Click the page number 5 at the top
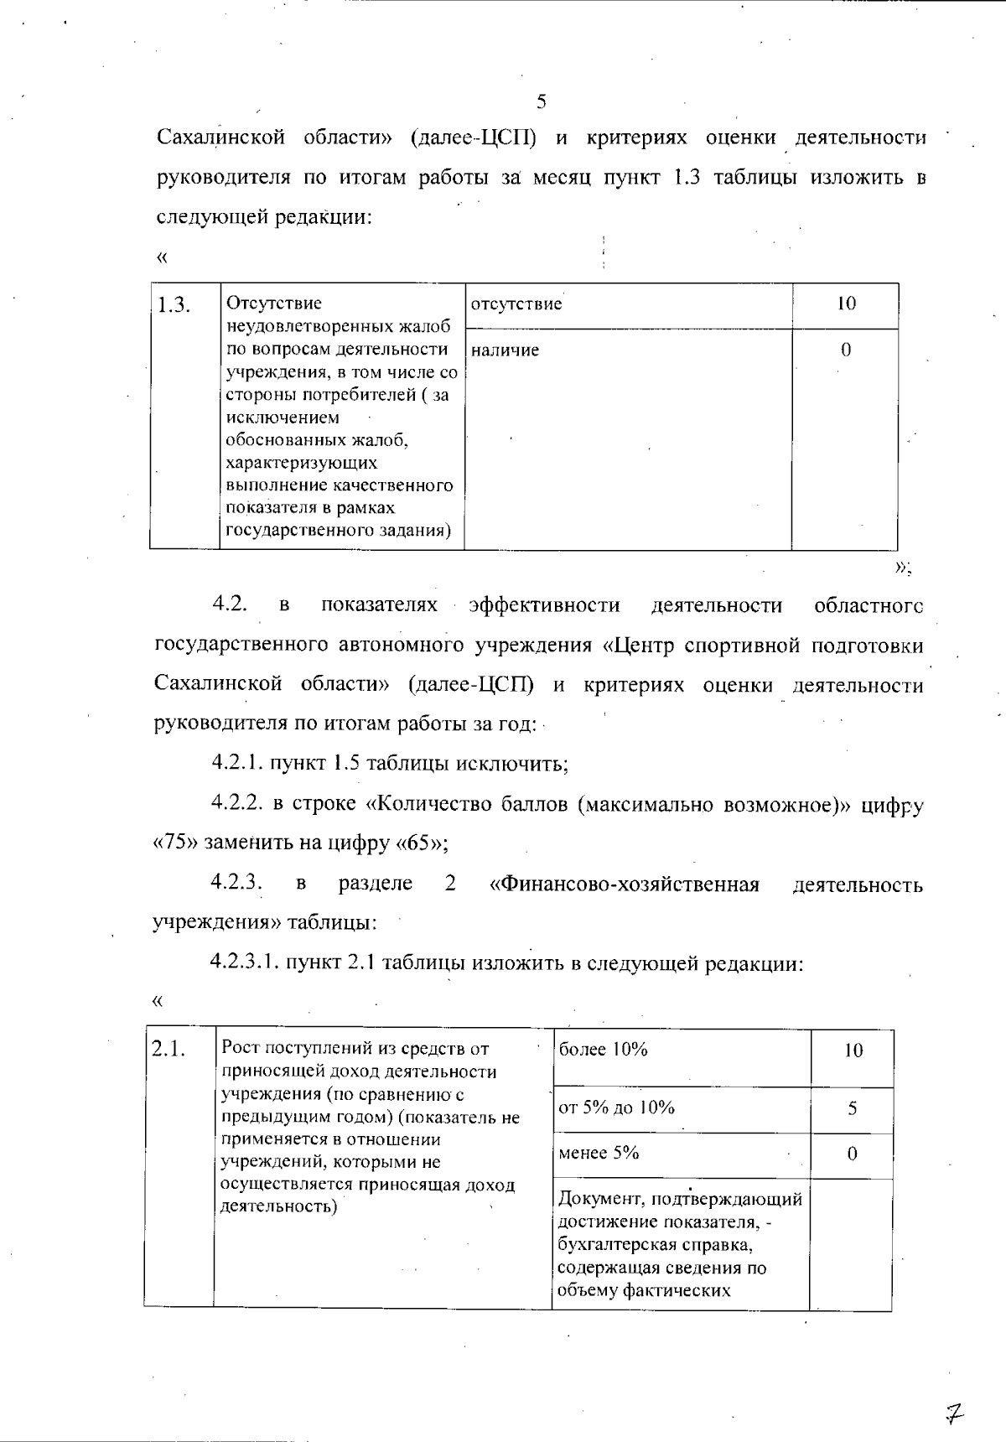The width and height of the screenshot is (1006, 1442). coord(541,102)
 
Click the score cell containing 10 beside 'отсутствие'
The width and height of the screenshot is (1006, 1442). coord(846,304)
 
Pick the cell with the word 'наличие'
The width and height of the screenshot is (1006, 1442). coord(506,350)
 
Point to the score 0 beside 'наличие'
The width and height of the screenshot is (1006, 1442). coord(846,350)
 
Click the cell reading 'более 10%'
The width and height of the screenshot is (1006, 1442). coord(604,1050)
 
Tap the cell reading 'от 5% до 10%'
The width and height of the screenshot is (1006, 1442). coord(616,1107)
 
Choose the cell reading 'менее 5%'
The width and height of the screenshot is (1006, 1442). coord(599,1153)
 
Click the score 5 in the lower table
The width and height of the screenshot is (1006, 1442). coord(852,1108)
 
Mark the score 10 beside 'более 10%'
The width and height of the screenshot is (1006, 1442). coord(853,1050)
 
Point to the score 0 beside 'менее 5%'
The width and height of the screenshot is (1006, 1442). coord(852,1154)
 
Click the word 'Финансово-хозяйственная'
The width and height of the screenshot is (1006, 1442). coord(625,884)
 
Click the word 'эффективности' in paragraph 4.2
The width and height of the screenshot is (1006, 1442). coord(545,605)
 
